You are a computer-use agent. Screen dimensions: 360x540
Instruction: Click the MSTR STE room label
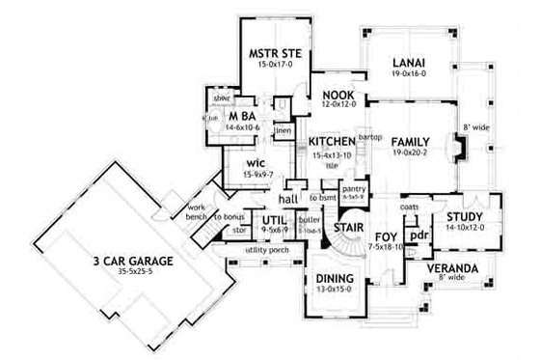[275, 53]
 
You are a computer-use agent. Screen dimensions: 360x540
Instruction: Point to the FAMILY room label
[413, 142]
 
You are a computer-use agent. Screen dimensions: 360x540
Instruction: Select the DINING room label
[333, 279]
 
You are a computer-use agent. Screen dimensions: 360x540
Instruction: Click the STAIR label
[346, 229]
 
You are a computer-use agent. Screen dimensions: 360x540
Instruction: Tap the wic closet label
[255, 163]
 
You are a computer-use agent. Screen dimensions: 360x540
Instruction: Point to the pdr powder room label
[418, 235]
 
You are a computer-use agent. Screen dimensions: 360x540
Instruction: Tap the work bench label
[199, 212]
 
